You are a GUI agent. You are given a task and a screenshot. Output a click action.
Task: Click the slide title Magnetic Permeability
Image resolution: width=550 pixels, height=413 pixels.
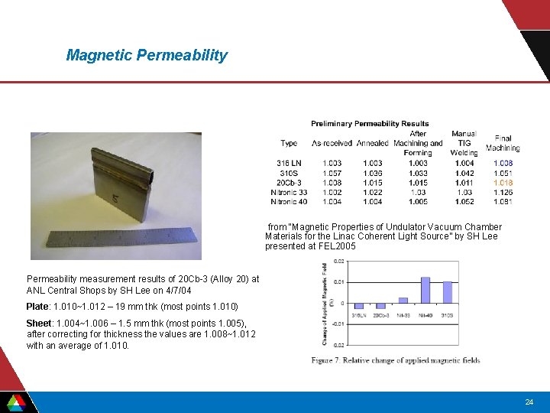point(147,55)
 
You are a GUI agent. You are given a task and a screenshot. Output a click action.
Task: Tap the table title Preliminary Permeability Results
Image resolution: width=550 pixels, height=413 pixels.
point(370,123)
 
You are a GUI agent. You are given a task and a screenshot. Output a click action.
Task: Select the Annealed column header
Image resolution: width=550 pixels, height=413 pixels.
point(372,143)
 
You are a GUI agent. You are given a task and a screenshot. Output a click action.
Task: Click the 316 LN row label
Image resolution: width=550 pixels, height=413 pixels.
point(289,163)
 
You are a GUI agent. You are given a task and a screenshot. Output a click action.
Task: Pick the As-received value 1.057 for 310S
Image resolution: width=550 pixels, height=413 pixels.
point(332,173)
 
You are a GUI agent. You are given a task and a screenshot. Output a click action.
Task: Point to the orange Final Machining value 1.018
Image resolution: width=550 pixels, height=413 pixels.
point(503,183)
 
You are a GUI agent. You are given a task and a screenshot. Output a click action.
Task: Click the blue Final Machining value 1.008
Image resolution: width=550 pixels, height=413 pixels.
point(503,163)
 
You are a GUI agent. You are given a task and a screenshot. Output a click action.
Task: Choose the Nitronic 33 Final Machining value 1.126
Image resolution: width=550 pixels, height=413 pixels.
point(503,193)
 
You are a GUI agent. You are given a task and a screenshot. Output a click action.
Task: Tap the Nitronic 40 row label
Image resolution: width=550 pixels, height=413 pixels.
point(289,202)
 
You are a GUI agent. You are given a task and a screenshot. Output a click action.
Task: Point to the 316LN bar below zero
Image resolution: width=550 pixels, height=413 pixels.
point(358,306)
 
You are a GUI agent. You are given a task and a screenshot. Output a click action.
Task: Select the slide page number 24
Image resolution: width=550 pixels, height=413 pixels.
point(529,402)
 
